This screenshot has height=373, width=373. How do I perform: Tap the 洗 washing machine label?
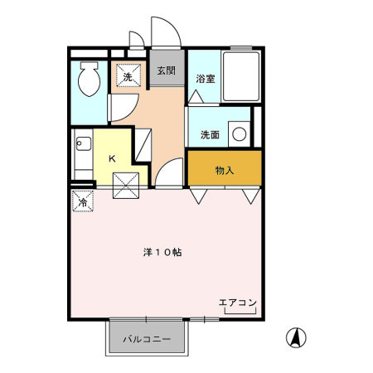(x=128, y=77)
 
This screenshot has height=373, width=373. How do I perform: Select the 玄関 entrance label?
(x=166, y=70)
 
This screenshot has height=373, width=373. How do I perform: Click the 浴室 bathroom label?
(x=205, y=79)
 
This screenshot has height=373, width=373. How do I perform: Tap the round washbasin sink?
(x=240, y=133)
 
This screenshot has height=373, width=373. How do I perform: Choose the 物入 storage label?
(x=225, y=172)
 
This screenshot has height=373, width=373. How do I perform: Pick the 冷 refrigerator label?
(x=83, y=201)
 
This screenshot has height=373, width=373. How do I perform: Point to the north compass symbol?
(x=294, y=338)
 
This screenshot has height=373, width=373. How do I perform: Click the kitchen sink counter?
(x=82, y=154)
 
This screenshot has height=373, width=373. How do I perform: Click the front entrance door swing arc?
(x=163, y=33)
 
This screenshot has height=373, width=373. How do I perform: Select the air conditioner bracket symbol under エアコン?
(x=240, y=312)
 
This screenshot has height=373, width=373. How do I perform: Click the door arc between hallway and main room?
(x=167, y=174)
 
